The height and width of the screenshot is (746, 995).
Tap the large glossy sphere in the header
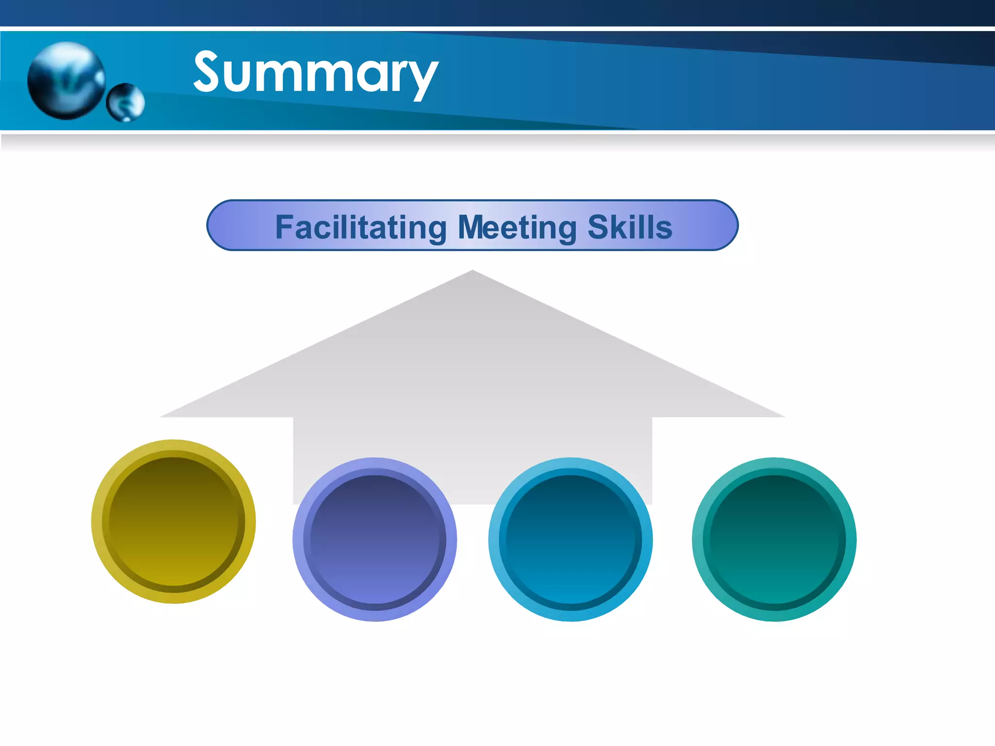pos(66,81)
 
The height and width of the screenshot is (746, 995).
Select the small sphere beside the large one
pos(125,102)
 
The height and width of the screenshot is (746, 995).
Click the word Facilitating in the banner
pos(360,227)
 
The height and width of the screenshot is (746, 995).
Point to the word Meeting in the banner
pos(517,227)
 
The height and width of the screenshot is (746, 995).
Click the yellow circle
pos(173,522)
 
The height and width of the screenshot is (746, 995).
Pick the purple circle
pos(375,540)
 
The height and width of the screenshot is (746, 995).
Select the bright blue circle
pos(570,540)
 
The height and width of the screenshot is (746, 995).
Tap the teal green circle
pos(774,540)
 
